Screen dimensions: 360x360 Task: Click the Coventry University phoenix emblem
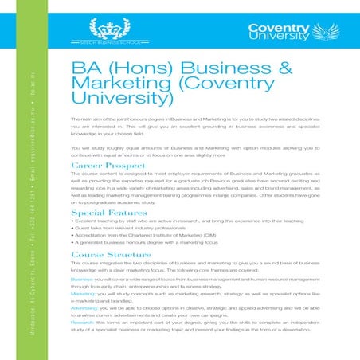pyautogui.click(x=329, y=33)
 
